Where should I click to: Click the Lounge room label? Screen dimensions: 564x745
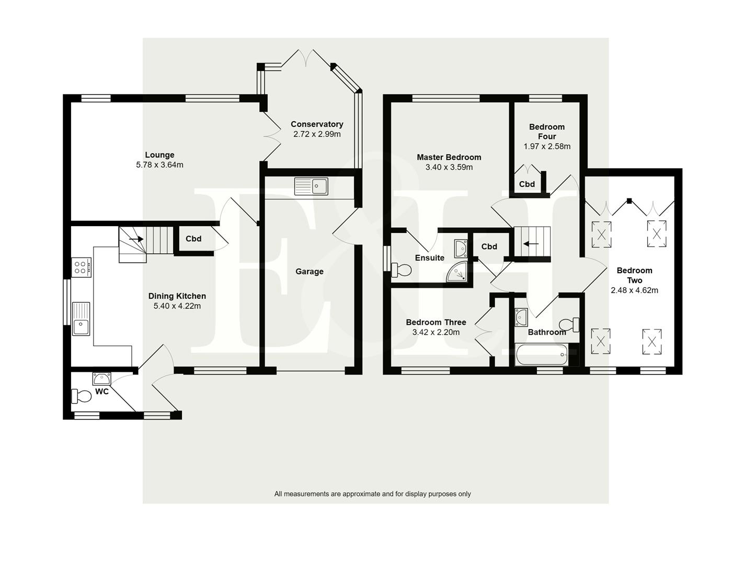[159, 155]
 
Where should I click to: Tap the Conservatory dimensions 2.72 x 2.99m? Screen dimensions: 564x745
[317, 134]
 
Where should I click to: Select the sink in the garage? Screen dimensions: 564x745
[311, 186]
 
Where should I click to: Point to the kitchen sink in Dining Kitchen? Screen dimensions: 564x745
[81, 319]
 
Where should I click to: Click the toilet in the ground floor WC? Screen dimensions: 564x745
[82, 396]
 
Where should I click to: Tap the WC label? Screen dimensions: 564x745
[102, 392]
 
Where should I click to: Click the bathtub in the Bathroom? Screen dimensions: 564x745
[541, 356]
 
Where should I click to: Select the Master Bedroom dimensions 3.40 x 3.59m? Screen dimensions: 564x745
[449, 168]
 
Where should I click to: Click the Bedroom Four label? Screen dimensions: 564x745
[547, 132]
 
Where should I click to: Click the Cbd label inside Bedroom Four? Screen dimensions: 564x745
[527, 184]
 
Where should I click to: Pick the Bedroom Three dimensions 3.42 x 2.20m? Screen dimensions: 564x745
[435, 332]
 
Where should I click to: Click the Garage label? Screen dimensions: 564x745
[310, 272]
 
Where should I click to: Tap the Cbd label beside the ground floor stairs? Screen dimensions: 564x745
[193, 239]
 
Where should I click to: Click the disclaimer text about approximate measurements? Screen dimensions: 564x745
[372, 494]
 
